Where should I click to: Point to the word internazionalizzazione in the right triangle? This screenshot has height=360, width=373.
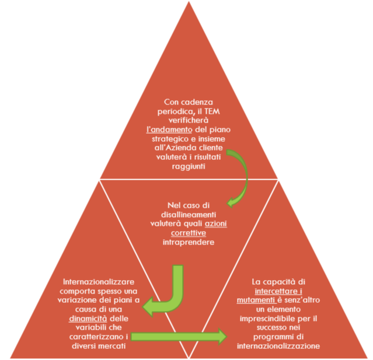click(278, 345)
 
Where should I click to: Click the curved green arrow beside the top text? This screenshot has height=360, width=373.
click(239, 174)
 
